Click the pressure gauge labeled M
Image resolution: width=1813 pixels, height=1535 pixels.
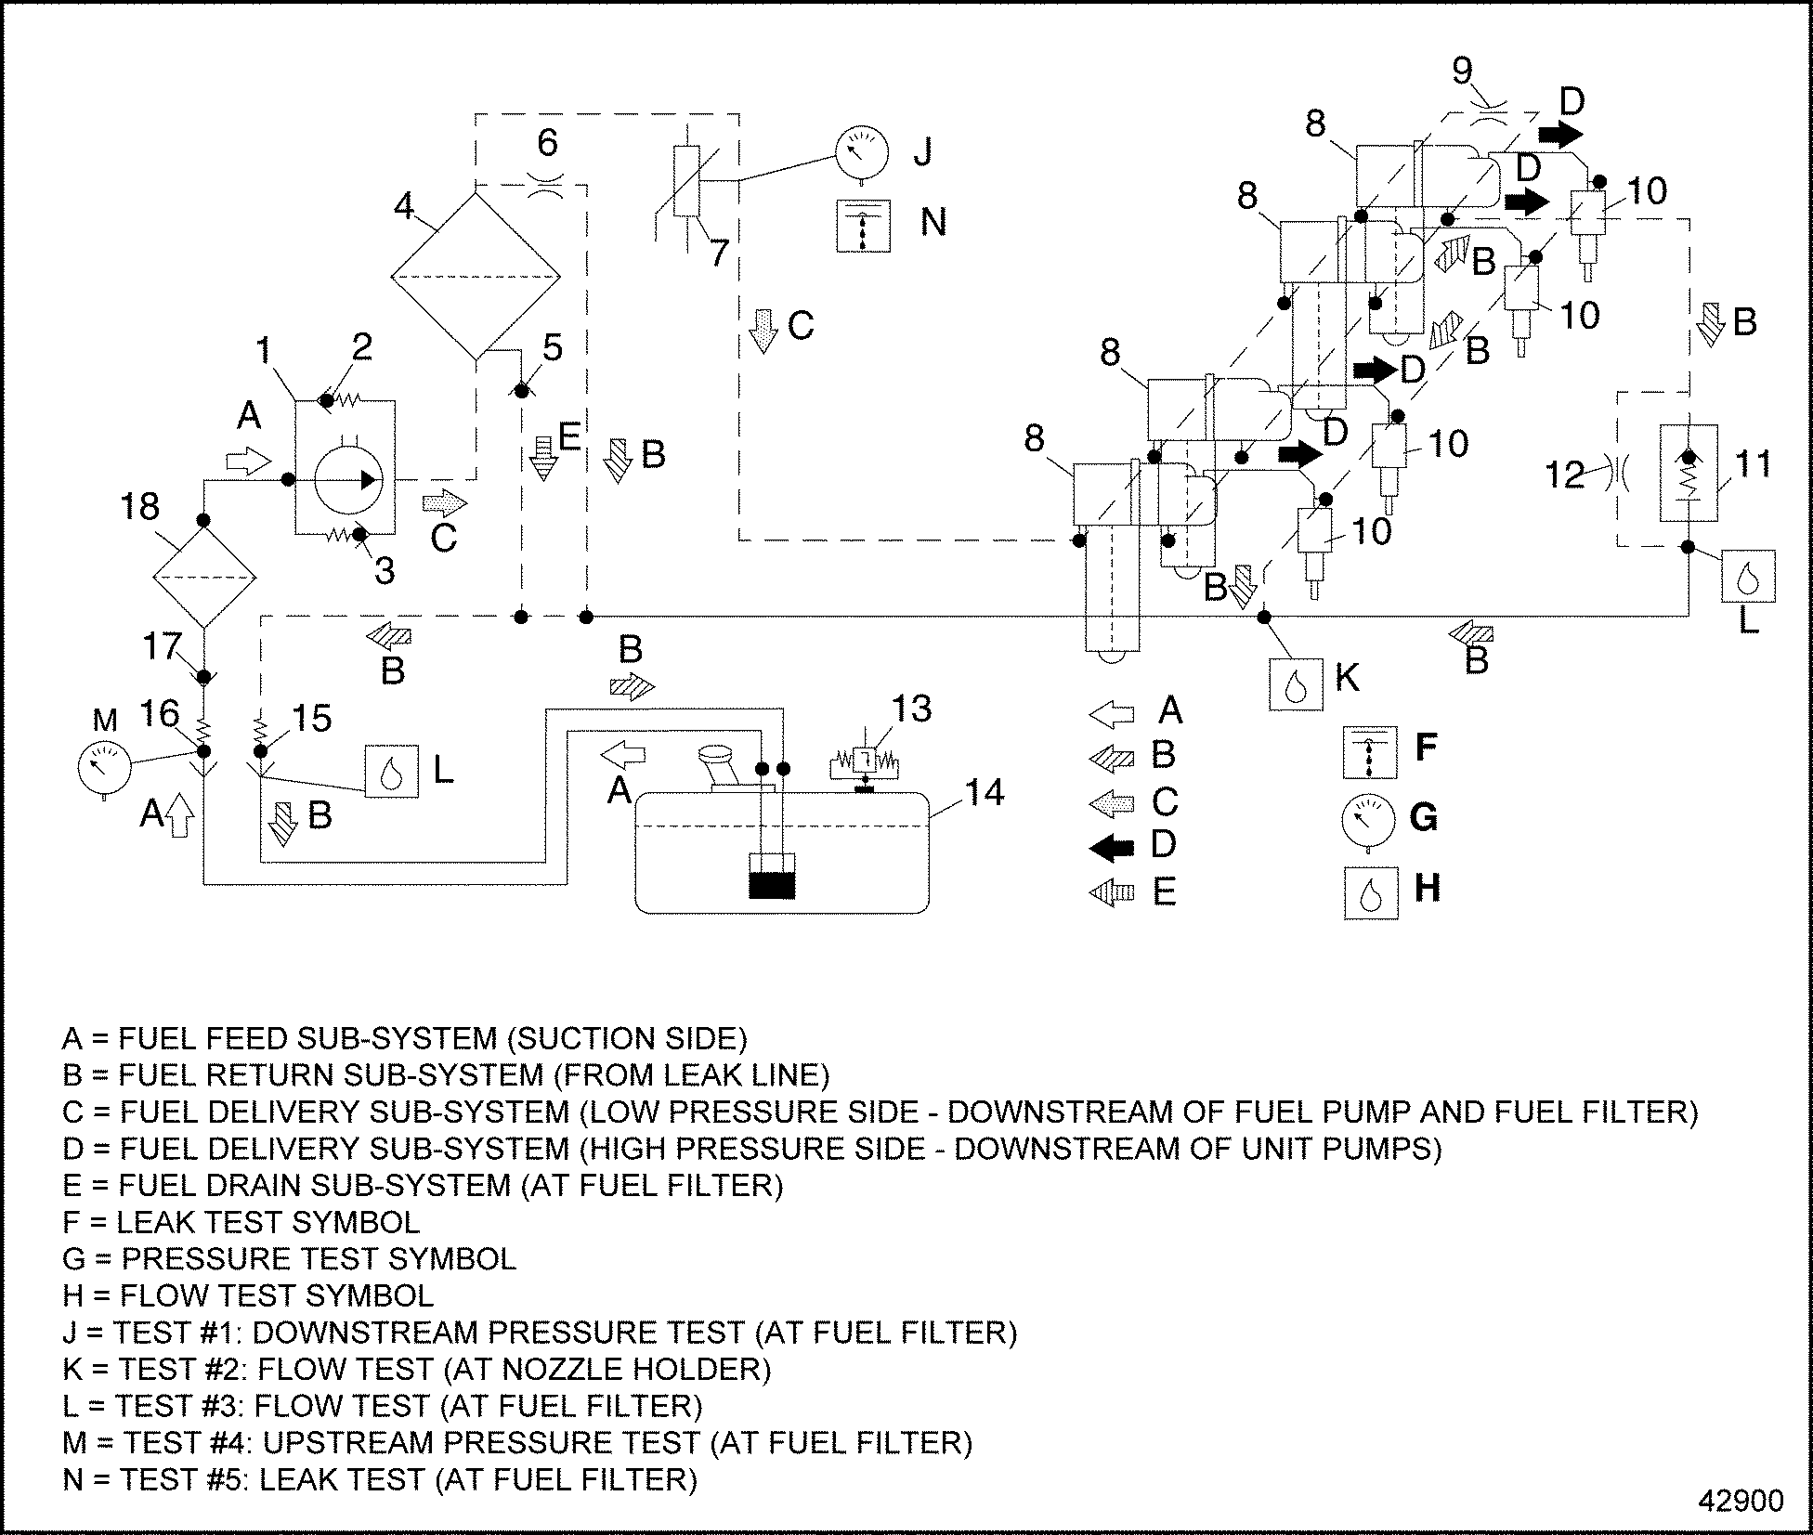pyautogui.click(x=104, y=766)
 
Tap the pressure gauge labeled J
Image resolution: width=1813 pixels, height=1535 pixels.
pyautogui.click(x=862, y=151)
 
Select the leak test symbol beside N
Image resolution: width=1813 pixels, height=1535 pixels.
pyautogui.click(x=863, y=226)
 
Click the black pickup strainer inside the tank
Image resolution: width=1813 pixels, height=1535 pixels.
pyautogui.click(x=772, y=885)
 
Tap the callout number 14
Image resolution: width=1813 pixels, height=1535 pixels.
pyautogui.click(x=985, y=793)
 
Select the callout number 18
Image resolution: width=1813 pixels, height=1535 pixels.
pyautogui.click(x=140, y=507)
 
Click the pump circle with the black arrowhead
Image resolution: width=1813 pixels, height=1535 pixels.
pyautogui.click(x=347, y=479)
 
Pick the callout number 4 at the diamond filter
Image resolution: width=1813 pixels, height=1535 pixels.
pyautogui.click(x=404, y=205)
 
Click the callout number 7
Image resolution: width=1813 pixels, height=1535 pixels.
pyautogui.click(x=718, y=254)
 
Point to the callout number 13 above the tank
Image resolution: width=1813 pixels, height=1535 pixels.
pyautogui.click(x=911, y=709)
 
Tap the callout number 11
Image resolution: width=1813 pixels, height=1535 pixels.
pyautogui.click(x=1754, y=463)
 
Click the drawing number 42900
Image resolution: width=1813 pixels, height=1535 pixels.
pyautogui.click(x=1741, y=1502)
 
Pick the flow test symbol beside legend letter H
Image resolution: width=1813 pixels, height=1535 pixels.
pyautogui.click(x=1371, y=892)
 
